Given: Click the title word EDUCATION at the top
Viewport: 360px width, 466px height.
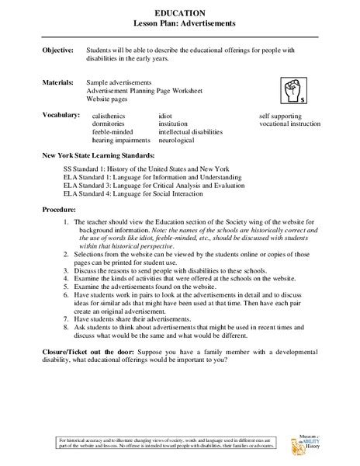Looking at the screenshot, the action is [x=179, y=13].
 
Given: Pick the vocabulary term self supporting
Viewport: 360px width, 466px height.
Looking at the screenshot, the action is [x=283, y=115].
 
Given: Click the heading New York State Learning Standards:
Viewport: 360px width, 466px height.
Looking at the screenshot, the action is [x=102, y=157].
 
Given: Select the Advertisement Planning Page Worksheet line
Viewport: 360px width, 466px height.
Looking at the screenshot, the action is [x=135, y=90].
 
